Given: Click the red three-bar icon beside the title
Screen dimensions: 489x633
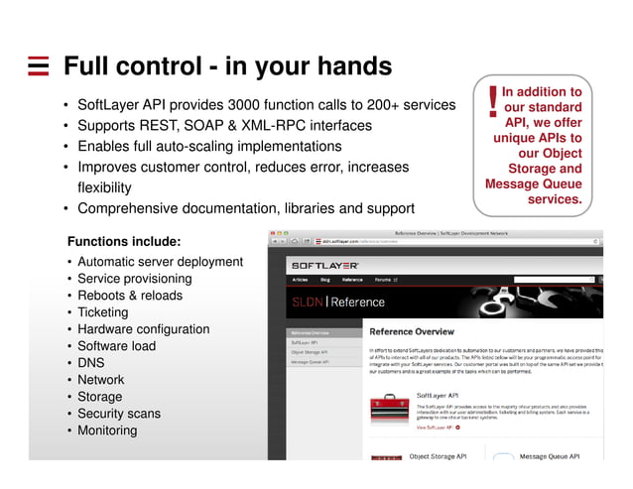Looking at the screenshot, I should (x=38, y=67).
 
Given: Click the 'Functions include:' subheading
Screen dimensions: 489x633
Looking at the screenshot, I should (x=123, y=241).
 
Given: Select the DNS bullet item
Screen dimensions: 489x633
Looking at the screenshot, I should (x=90, y=363).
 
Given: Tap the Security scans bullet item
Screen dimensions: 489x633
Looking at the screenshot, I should (x=118, y=414).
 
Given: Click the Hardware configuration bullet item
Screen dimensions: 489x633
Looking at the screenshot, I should (x=143, y=329).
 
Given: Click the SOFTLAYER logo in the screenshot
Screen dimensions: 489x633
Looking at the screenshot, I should (x=323, y=266).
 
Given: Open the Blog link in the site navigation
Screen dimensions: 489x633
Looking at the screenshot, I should (x=323, y=280).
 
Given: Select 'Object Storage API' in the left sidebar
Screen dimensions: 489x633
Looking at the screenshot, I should (x=310, y=351).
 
